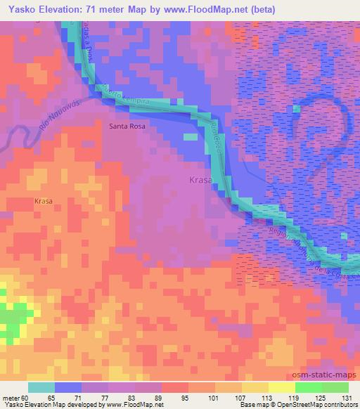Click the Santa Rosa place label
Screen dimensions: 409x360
pos(127,126)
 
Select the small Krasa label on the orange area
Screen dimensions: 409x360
pos(43,201)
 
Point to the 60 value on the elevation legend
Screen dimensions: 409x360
pos(26,399)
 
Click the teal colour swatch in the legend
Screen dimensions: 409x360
pos(41,387)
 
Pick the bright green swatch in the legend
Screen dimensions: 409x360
pos(309,387)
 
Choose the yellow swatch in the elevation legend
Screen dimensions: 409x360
pos(255,387)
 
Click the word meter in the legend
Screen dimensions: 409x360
pos(11,399)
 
